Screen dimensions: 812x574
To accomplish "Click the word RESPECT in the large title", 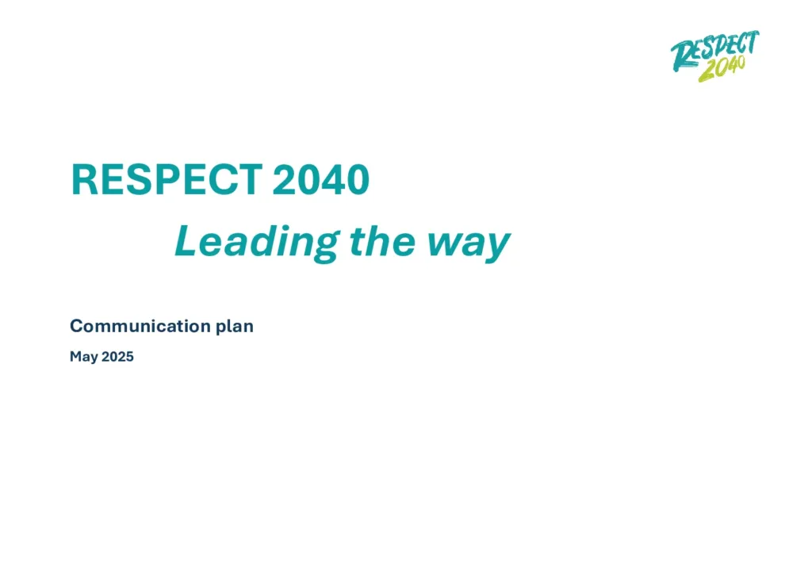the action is point(167,180).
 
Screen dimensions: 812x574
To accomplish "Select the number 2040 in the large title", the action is point(321,180).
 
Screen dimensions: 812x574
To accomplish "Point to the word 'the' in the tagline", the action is point(383,241).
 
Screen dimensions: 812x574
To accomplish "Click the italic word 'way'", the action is point(469,245).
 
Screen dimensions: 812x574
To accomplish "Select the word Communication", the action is point(140,326).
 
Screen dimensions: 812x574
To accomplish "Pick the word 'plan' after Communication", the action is point(235,327).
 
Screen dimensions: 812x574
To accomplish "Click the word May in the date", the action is point(84,357).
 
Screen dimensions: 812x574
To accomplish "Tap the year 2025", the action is point(117,357).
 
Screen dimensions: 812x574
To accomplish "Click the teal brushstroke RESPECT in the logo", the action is point(714,49).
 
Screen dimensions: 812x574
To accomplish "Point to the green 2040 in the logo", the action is point(722,69).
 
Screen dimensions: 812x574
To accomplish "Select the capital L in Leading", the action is point(186,241).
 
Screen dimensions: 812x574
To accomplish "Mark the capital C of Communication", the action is point(77,326).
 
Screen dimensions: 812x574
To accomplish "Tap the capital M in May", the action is point(75,356).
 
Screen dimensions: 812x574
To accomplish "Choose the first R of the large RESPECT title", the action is point(84,180).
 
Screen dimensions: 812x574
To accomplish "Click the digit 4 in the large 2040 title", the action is point(333,180).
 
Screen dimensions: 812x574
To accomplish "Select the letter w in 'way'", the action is point(442,243).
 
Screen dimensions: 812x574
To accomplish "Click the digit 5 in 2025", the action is point(129,357).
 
